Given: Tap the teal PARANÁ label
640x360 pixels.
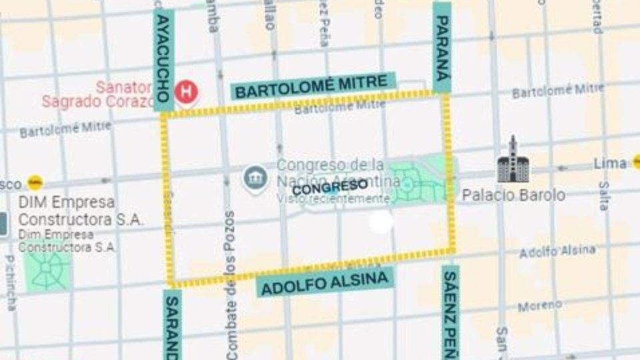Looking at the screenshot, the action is (442, 47).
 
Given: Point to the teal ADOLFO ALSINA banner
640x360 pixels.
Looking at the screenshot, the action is (325, 283).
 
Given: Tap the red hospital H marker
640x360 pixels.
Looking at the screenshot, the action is (186, 92).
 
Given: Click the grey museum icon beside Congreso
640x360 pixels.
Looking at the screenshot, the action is (255, 178).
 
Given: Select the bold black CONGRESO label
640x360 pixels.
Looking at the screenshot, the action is (330, 187).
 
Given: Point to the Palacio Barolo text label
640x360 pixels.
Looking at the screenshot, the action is (513, 195).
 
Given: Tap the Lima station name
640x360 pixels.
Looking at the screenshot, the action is (610, 163).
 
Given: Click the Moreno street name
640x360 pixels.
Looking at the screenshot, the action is (539, 305).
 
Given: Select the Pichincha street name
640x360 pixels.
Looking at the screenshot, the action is (11, 283).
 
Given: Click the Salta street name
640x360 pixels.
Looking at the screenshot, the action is (603, 196).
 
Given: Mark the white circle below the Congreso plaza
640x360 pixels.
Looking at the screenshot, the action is (381, 223).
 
